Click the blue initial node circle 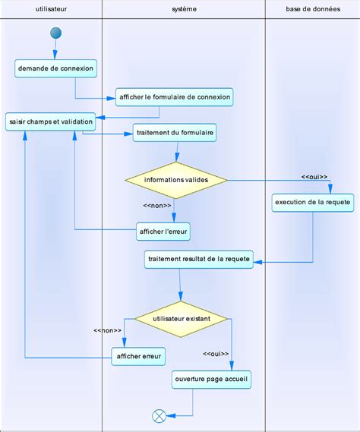click(x=55, y=33)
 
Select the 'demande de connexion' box click(x=55, y=68)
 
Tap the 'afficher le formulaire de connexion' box click(x=173, y=97)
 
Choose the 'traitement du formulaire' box click(x=175, y=133)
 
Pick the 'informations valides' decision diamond click(x=176, y=180)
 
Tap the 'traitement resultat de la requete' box click(x=198, y=260)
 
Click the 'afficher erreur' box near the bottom click(x=139, y=356)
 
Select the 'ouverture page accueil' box click(x=210, y=378)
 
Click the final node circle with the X click(x=159, y=415)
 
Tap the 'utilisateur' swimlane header click(x=51, y=8)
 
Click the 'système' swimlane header click(x=183, y=8)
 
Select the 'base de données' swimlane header click(x=312, y=8)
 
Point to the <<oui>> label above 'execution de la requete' click(x=314, y=176)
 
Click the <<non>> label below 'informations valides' click(x=156, y=205)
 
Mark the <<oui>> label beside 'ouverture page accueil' click(x=216, y=354)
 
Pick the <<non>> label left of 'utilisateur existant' click(x=108, y=330)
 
